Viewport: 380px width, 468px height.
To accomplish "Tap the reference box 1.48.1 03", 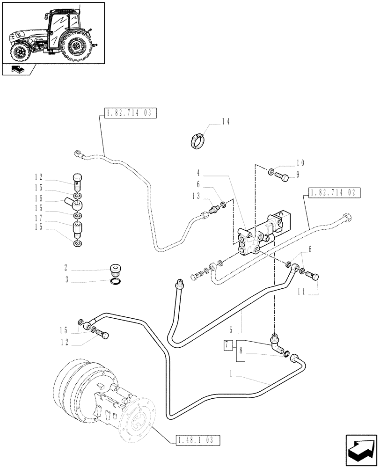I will point(198,439).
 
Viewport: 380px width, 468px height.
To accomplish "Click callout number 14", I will point(226,122).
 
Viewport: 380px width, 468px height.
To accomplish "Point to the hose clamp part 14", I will point(197,139).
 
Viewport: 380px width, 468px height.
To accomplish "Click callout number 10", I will point(300,163).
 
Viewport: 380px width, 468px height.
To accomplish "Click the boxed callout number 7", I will point(228,345).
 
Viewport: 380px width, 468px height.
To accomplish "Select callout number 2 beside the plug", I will point(66,269).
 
